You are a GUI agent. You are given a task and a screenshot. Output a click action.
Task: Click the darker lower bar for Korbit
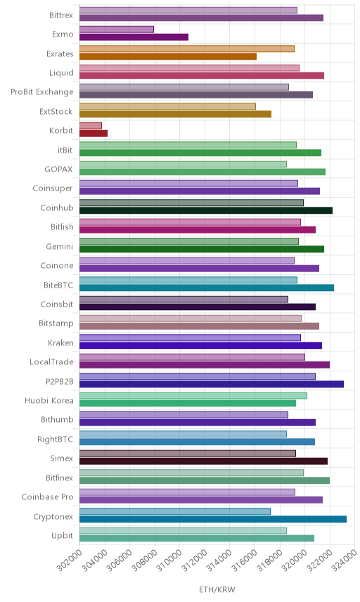coord(94,133)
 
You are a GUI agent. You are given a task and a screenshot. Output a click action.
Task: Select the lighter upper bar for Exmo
coord(117,30)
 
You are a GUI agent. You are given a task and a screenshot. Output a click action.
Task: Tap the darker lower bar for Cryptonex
coord(213,519)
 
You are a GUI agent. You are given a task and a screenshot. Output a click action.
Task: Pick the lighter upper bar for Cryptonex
coord(175,511)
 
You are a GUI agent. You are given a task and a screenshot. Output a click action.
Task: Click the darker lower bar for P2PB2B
coord(212,384)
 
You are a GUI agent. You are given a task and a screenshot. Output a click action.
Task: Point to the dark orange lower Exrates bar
coord(168,56)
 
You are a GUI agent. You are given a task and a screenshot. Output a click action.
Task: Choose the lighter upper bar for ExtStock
coord(167,106)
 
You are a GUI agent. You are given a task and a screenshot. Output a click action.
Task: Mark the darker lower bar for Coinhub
coord(206,210)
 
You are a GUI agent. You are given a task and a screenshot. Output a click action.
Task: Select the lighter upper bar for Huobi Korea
coord(193,395)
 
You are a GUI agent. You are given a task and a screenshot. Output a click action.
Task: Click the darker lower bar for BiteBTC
coord(207,288)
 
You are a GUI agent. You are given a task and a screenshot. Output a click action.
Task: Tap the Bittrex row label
coord(61,15)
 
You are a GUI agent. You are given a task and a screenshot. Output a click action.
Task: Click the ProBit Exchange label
coord(41,92)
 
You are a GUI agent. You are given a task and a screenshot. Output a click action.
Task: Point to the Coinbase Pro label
coord(47,497)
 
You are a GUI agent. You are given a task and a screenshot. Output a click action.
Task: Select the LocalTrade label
coord(51,362)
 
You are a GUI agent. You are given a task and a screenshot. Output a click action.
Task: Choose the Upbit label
coord(62,536)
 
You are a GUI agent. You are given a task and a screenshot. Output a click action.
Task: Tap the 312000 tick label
coord(195,560)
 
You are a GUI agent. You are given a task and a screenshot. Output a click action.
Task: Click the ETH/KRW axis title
coord(217,590)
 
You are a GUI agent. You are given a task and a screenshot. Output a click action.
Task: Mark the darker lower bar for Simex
coord(203,461)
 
